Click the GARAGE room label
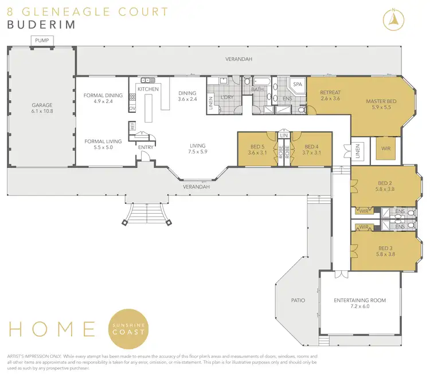[x=40, y=105]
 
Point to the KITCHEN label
[x=147, y=89]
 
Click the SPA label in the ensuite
[x=298, y=84]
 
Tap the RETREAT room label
[x=331, y=93]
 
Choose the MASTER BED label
[x=381, y=101]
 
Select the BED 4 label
[x=311, y=146]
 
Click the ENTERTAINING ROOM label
[x=359, y=300]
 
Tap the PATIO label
[x=298, y=300]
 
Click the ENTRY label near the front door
[x=146, y=147]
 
